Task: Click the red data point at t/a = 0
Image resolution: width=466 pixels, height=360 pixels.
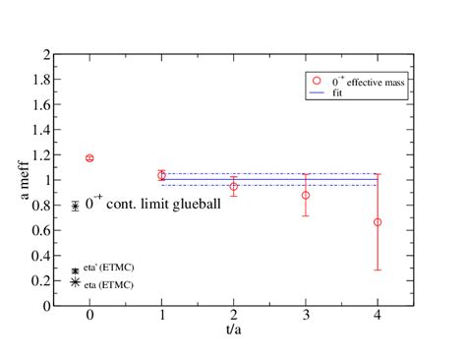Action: point(89,158)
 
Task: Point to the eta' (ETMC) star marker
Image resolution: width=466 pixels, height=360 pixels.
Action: point(76,270)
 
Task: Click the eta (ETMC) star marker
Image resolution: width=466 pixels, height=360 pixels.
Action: point(76,282)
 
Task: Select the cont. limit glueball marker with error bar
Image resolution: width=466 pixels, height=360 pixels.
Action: point(76,206)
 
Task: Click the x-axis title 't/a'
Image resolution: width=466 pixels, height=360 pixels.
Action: point(234,334)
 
